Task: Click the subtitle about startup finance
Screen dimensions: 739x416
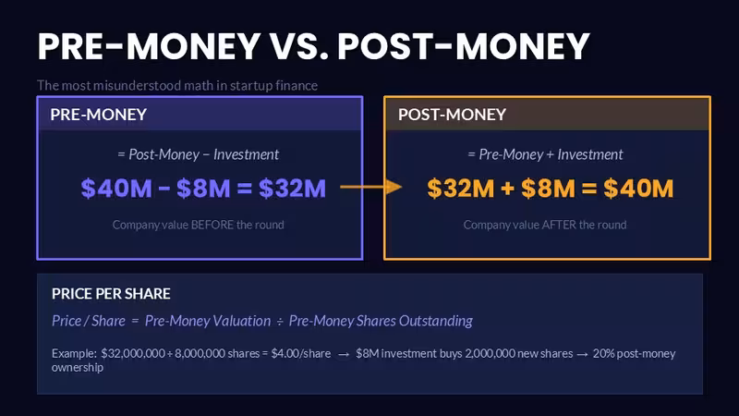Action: (177, 85)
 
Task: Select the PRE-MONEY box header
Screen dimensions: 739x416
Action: (99, 114)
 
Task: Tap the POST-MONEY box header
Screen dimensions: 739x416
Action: (452, 114)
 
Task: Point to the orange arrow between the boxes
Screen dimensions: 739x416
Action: (371, 187)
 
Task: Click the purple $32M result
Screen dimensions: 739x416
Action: (292, 189)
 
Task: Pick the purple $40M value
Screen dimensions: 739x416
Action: (116, 189)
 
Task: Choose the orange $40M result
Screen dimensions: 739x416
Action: (638, 189)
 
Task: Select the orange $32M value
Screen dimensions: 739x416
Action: (460, 189)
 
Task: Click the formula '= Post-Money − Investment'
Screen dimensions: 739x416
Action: (198, 154)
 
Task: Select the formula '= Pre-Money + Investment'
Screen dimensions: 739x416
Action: (545, 154)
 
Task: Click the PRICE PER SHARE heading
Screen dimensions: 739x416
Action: (111, 293)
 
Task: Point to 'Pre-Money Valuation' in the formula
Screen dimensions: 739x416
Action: (208, 321)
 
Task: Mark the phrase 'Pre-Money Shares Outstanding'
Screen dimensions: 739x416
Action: (381, 321)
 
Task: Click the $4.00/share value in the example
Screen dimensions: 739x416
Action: (301, 353)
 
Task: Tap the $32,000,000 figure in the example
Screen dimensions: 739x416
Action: (133, 353)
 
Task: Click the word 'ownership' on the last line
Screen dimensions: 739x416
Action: (78, 367)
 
